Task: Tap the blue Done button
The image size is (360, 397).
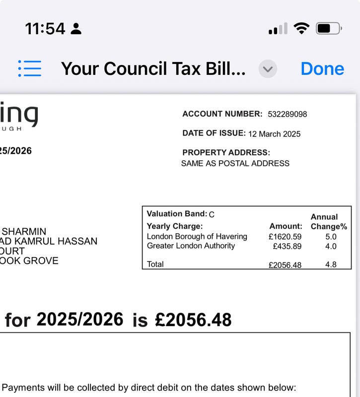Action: (322, 68)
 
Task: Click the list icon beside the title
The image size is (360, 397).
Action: (30, 68)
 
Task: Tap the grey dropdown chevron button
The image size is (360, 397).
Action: (268, 69)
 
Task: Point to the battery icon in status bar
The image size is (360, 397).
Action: (328, 28)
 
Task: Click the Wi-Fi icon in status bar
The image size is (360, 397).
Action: (301, 28)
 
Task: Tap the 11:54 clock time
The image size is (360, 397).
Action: (45, 28)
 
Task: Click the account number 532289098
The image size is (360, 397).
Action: (287, 114)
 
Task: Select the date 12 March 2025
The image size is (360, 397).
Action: (274, 134)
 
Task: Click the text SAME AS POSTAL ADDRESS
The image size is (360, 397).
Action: (235, 163)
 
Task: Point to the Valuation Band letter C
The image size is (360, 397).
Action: (212, 214)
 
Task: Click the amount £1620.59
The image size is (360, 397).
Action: (285, 237)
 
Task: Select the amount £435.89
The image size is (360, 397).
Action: (287, 246)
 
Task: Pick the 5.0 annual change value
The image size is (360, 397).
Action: (331, 237)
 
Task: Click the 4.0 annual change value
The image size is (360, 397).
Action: (331, 246)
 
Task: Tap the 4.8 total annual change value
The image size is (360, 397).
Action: (331, 265)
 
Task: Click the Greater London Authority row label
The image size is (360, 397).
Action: (191, 246)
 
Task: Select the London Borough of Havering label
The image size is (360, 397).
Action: (197, 237)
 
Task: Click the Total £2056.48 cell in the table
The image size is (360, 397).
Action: (285, 265)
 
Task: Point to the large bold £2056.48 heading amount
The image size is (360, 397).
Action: (193, 320)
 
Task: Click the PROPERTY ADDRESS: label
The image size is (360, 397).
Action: (226, 152)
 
